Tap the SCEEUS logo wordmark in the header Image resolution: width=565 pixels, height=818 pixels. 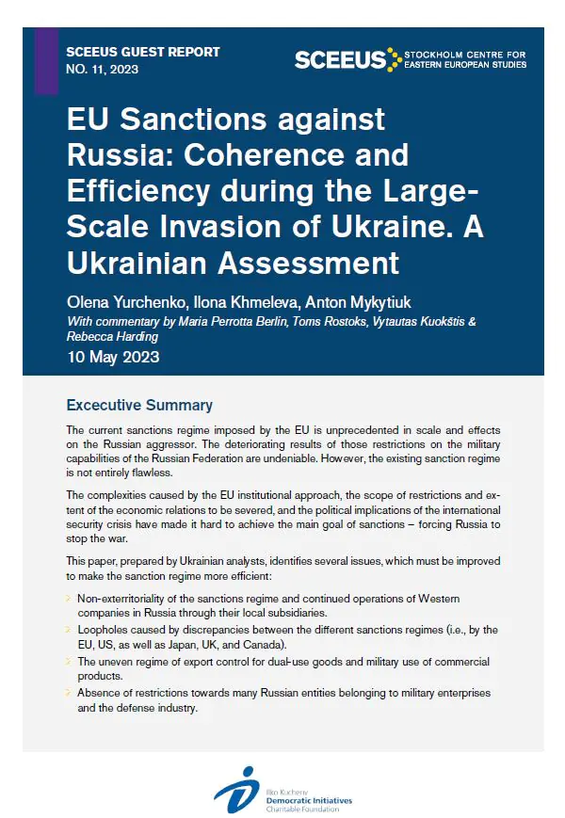click(x=340, y=59)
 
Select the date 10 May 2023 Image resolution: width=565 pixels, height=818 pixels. click(x=113, y=357)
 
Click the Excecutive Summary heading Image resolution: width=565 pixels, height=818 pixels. click(x=139, y=406)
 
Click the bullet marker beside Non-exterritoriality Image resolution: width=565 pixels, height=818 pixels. click(x=69, y=596)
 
